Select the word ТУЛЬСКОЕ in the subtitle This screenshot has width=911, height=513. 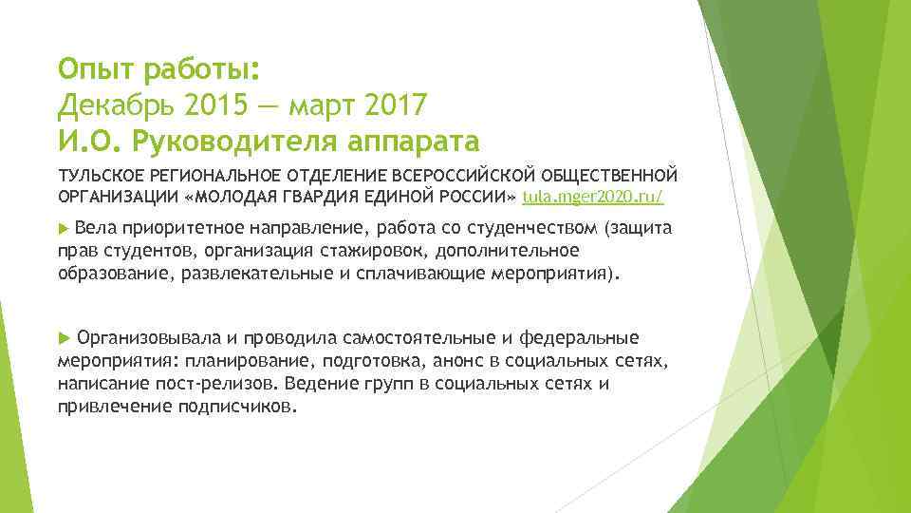(102, 176)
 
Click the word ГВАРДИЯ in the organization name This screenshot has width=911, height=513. (363, 196)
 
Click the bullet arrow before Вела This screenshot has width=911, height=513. (64, 229)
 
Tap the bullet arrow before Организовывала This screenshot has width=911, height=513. (64, 338)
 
